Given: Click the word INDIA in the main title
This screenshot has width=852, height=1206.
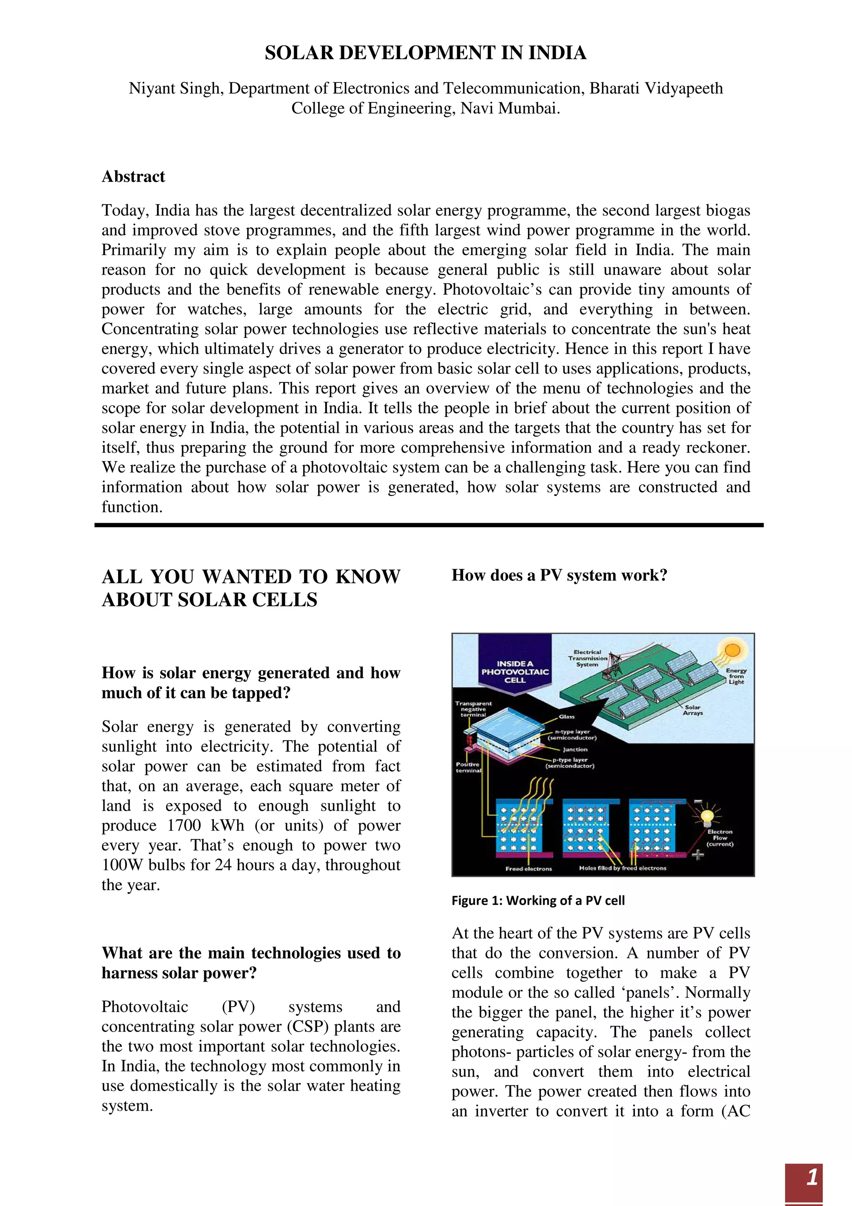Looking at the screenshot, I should (557, 53).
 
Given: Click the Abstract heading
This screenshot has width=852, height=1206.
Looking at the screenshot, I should (134, 176).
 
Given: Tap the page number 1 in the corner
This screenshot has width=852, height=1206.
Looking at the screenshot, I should (812, 1178).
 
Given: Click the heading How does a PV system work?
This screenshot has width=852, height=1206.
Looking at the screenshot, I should (559, 576).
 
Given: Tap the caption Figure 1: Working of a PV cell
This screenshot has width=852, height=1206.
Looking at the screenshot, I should (538, 900).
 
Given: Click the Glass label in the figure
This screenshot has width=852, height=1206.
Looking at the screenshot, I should (567, 717).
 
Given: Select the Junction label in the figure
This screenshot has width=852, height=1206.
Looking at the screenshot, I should (575, 749).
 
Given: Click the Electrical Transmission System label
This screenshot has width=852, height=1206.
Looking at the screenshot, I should (587, 658).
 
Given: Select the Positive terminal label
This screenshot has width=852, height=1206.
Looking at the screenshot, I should (467, 767).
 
